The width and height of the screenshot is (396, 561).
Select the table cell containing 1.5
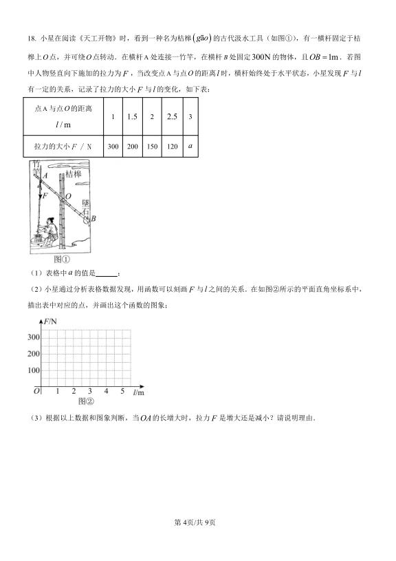(133, 116)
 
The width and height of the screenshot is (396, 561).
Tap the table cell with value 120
(171, 147)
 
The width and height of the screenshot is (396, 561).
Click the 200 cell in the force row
(133, 147)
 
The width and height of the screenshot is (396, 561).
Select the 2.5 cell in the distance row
(171, 116)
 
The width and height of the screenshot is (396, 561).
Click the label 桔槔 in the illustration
(73, 175)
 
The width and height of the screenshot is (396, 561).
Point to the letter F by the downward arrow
(45, 195)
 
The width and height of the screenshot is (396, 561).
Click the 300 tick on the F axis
(33, 337)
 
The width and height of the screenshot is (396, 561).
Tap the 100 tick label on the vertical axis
(33, 370)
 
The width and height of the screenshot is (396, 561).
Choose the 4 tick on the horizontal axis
(107, 391)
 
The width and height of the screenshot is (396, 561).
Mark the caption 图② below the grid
(85, 401)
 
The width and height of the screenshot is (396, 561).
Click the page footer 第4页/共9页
(197, 542)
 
